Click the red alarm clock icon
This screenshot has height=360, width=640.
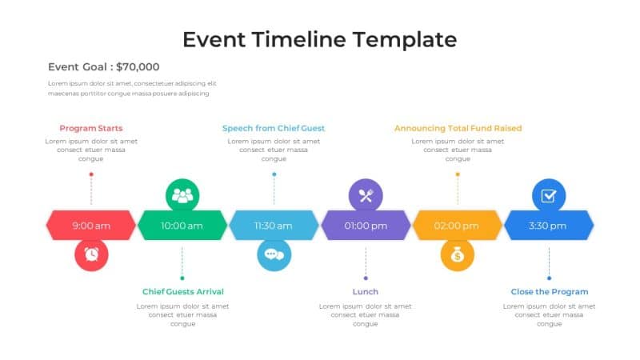click(x=91, y=255)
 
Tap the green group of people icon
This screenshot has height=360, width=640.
click(x=182, y=195)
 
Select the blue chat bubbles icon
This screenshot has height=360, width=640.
click(x=274, y=255)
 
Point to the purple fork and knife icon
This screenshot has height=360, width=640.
click(x=366, y=195)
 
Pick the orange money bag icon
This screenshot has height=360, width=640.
click(x=458, y=255)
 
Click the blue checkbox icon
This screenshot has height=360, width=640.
click(x=549, y=195)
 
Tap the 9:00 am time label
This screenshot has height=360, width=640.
click(x=91, y=226)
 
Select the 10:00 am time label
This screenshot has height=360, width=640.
click(x=182, y=226)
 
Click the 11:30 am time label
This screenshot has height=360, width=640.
click(x=274, y=226)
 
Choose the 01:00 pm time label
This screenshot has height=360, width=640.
click(x=366, y=226)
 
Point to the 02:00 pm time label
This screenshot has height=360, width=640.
click(x=457, y=226)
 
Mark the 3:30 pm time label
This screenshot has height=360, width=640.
click(x=549, y=226)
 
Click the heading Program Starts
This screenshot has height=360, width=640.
click(x=91, y=128)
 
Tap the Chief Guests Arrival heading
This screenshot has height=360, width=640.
click(x=182, y=292)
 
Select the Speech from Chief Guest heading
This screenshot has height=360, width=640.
click(x=274, y=128)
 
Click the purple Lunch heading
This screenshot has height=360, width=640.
click(x=366, y=292)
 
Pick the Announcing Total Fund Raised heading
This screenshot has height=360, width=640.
click(x=458, y=128)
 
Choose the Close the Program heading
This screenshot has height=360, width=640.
click(x=549, y=292)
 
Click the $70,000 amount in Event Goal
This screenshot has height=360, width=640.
click(x=138, y=67)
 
